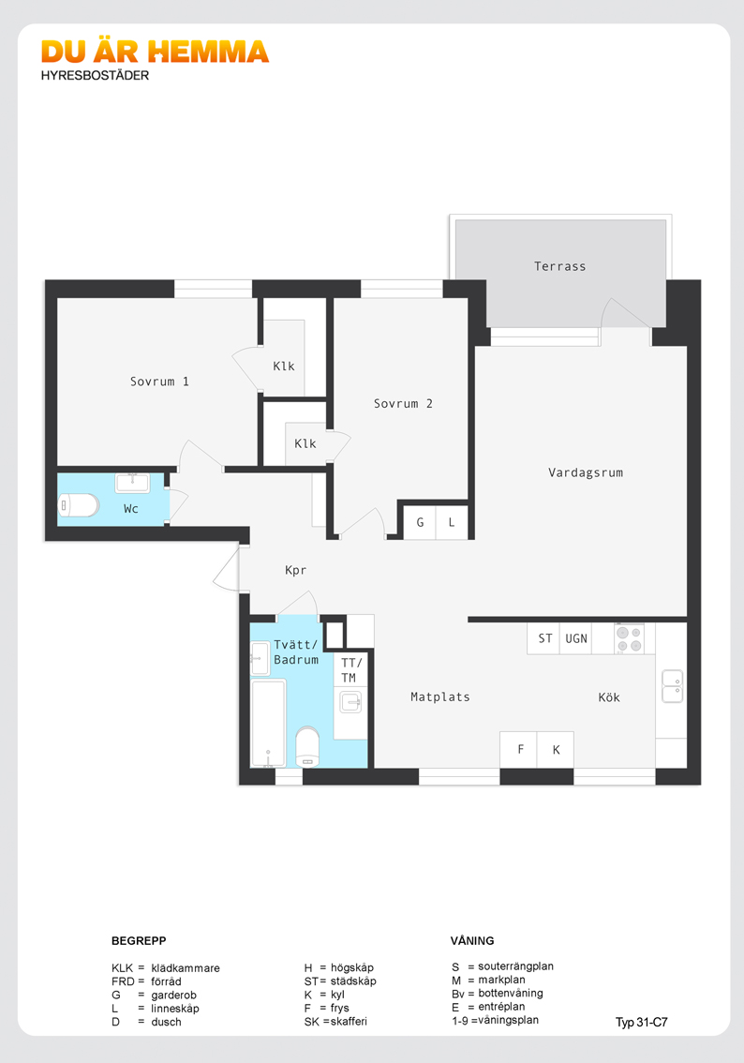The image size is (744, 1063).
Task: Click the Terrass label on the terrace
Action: click(559, 266)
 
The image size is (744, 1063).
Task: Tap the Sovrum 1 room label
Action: click(159, 382)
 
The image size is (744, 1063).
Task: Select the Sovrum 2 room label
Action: click(403, 403)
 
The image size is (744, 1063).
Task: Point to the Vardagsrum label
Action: click(586, 472)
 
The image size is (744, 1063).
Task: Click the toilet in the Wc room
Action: click(79, 505)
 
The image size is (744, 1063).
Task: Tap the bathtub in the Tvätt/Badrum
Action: click(268, 723)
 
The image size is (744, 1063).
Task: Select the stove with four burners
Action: click(630, 638)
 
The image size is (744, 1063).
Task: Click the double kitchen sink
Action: click(672, 686)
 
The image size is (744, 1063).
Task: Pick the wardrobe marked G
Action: click(420, 523)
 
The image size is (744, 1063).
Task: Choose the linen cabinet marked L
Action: click(452, 523)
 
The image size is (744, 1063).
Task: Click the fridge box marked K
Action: click(556, 749)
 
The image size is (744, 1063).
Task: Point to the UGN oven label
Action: click(576, 638)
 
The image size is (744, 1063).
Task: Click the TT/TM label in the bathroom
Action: click(351, 670)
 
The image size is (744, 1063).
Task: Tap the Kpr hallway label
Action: click(295, 570)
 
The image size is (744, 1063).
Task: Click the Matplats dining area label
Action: click(439, 696)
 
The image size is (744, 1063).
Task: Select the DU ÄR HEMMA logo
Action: click(156, 52)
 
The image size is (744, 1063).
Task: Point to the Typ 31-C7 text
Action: click(641, 1023)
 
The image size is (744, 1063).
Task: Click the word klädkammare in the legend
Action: click(185, 968)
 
